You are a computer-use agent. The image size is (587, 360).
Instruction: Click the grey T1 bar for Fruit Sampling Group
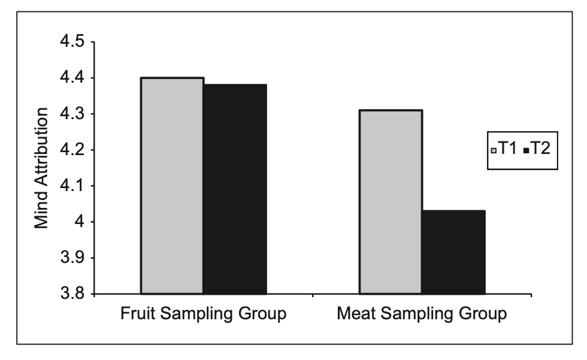coord(173,186)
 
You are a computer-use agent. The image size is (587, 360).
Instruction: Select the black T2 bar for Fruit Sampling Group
coord(235,189)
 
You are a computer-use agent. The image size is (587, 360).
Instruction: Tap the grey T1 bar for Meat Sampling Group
coord(391,202)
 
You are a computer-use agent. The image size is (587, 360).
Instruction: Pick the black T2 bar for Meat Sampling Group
coord(454,252)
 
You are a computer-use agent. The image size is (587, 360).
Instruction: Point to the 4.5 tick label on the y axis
coord(72,41)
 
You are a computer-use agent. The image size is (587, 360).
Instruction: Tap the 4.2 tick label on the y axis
coord(72,150)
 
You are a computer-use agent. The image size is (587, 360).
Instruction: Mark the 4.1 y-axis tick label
coord(72,186)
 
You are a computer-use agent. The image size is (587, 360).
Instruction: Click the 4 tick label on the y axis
coord(80,222)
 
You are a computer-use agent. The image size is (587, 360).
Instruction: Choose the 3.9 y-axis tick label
coord(72,258)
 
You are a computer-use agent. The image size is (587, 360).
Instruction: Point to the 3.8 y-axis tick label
coord(72,294)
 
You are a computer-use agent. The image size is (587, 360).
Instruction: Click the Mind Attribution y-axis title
coord(41,168)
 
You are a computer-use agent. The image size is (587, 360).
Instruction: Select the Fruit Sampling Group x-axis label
coord(203,314)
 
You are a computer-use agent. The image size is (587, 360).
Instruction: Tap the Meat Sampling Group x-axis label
coord(422,314)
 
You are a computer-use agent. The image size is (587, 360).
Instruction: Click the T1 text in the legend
coord(508,149)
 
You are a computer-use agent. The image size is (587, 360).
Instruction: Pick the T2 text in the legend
coord(540,149)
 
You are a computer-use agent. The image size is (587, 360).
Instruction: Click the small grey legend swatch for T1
coord(494,150)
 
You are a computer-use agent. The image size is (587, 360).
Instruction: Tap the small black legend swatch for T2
coord(526,150)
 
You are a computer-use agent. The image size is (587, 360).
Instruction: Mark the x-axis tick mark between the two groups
coord(313,296)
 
